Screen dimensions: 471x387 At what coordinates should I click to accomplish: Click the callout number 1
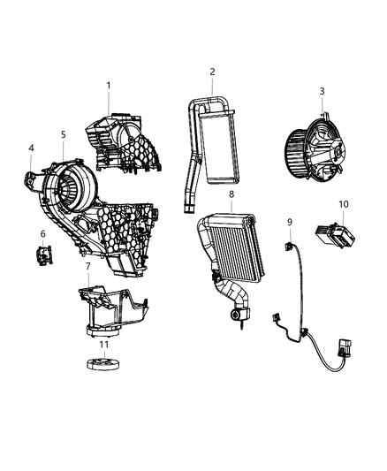109,86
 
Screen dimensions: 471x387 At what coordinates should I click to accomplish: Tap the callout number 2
212,72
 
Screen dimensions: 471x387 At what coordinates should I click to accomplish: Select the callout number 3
322,91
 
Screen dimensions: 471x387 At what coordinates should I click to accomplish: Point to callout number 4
31,148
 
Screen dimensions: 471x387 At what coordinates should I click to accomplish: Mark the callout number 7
87,266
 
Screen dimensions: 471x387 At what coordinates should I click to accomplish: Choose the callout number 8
231,194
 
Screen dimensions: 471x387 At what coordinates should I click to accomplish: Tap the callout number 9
289,221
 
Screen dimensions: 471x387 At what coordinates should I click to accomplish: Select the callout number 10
343,204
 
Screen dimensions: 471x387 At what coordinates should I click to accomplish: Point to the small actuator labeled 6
42,255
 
